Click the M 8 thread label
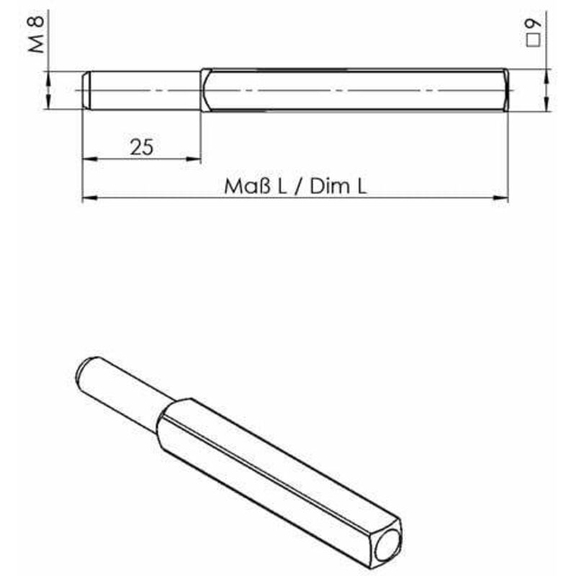[x=37, y=36]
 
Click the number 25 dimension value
[x=142, y=147]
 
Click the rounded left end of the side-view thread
[x=86, y=90]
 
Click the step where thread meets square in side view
[x=201, y=90]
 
